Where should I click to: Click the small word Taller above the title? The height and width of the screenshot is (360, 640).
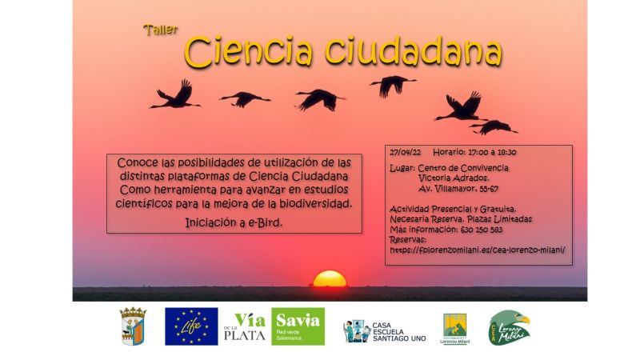coord(160,30)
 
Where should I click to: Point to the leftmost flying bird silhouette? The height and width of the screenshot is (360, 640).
coord(176,94)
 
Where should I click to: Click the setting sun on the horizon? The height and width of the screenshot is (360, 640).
coord(330,279)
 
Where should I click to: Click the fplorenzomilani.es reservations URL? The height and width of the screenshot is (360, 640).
coord(478,249)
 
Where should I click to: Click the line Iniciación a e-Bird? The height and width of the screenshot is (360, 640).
coord(234,222)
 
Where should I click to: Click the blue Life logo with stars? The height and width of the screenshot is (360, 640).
coord(191,326)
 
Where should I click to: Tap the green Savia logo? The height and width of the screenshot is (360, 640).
coord(298,326)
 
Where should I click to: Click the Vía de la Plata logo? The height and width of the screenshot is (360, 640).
coord(244,326)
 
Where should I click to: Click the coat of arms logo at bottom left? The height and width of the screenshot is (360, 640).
coord(133,326)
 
